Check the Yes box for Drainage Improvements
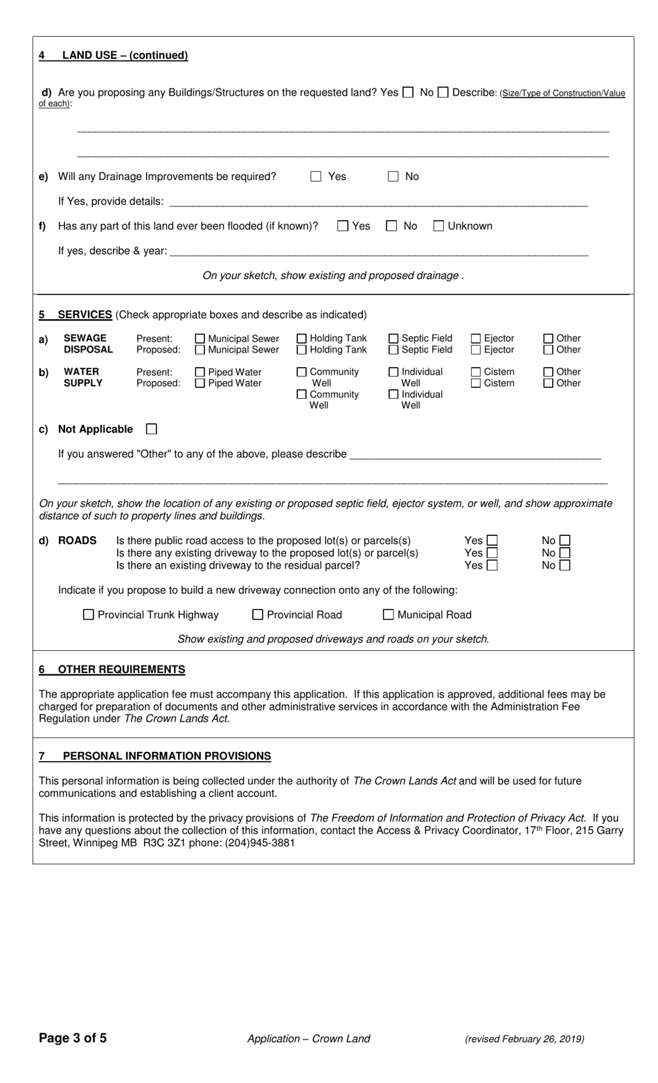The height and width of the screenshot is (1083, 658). [x=316, y=177]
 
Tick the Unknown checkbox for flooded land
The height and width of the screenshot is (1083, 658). [x=438, y=226]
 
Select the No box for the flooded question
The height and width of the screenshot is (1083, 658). [x=391, y=226]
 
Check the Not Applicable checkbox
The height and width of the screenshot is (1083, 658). [x=151, y=429]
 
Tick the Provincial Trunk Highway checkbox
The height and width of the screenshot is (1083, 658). [x=88, y=615]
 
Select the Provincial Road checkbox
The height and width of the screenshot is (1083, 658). [x=258, y=615]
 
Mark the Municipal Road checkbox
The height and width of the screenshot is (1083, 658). [x=389, y=615]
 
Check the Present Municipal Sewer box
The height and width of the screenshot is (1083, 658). [x=200, y=339]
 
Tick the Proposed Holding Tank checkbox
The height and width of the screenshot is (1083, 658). [x=302, y=350]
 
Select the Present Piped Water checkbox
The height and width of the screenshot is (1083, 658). [x=200, y=372]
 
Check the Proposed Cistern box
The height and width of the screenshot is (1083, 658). [x=476, y=383]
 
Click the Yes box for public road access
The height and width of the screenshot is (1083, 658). [x=492, y=540]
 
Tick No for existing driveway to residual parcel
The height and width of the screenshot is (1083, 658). [x=564, y=565]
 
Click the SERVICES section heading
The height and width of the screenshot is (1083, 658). [x=85, y=314]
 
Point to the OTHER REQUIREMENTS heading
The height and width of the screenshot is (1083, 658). [x=121, y=670]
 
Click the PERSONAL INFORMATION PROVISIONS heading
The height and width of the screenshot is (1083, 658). [x=166, y=756]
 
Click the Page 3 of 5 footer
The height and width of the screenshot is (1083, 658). [x=73, y=1038]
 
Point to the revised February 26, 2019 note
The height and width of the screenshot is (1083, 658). [x=524, y=1039]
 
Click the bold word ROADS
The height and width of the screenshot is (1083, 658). [x=77, y=540]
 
